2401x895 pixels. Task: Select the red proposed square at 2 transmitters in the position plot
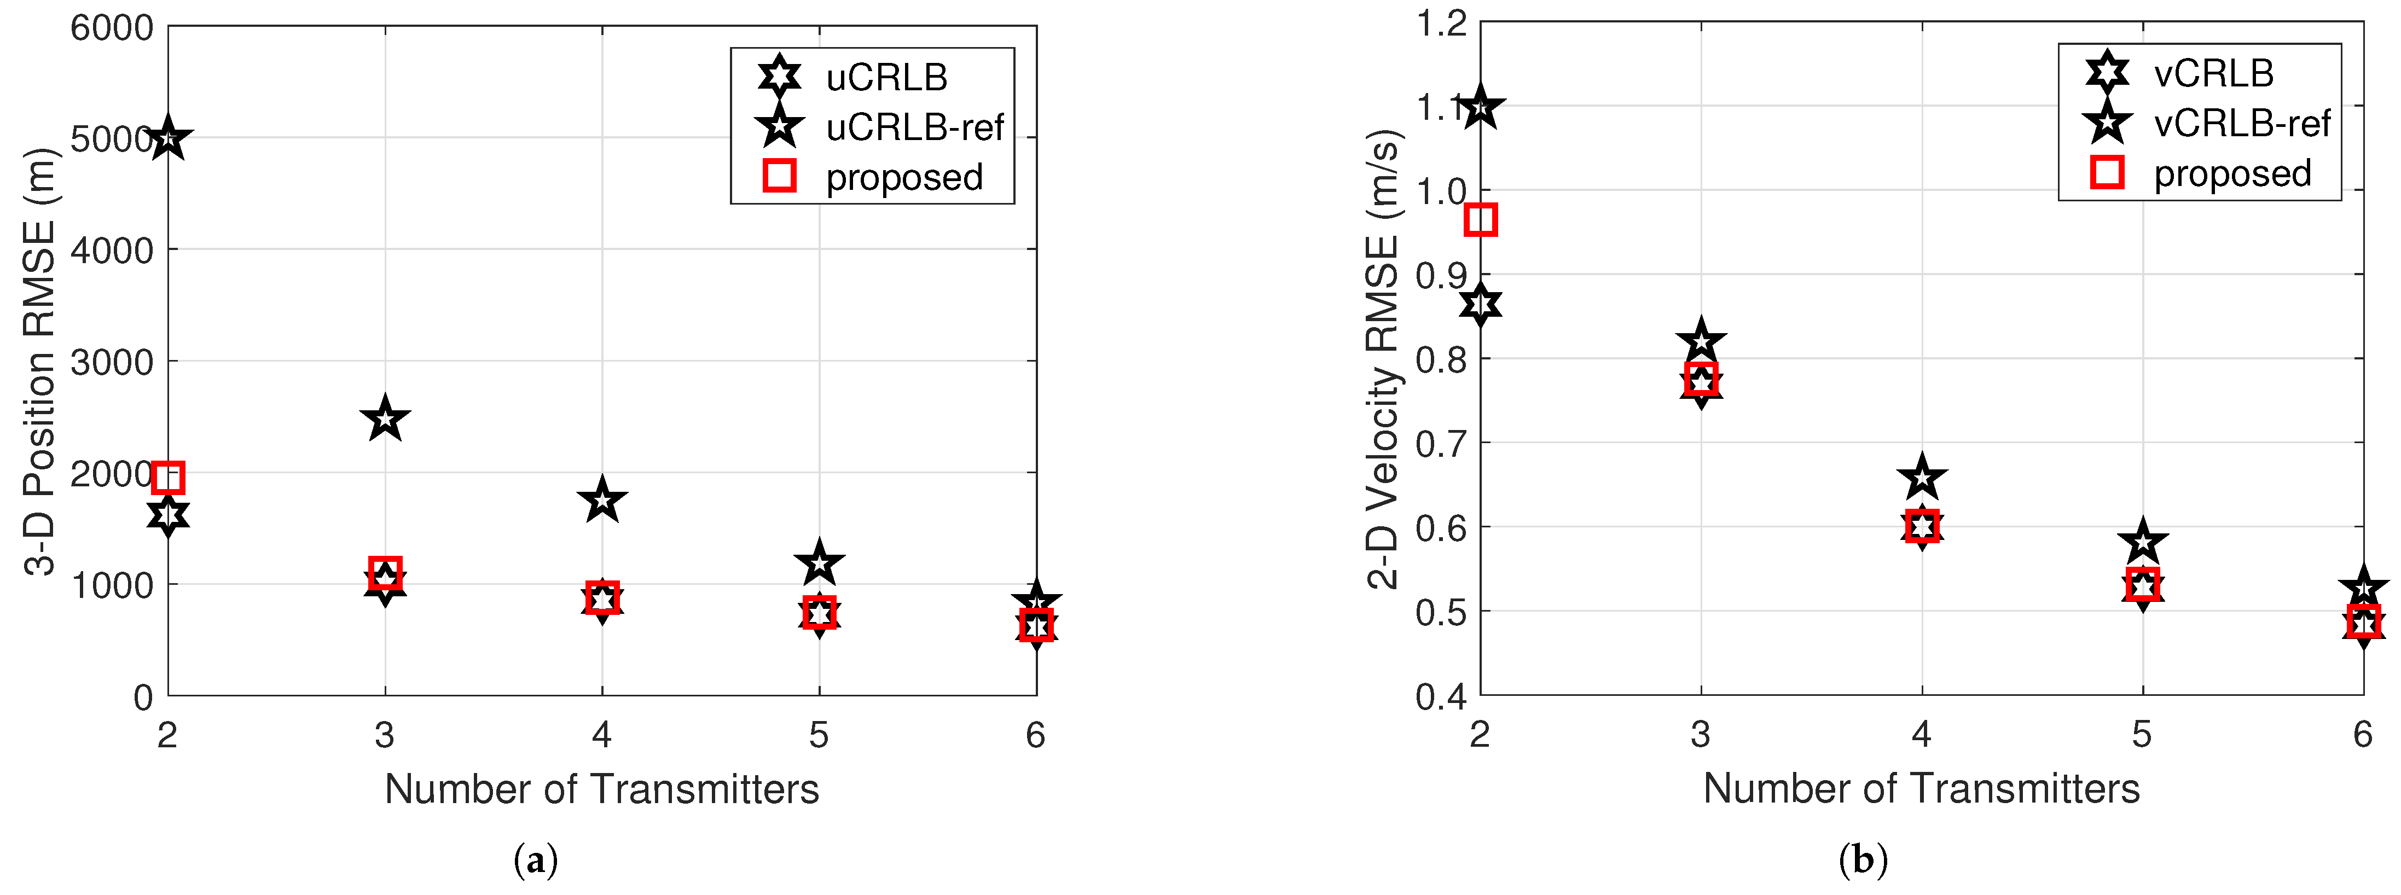[x=168, y=478]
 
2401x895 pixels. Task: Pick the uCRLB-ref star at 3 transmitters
[x=385, y=420]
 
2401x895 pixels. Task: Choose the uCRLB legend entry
[x=885, y=77]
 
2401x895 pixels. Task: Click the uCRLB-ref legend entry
[x=913, y=127]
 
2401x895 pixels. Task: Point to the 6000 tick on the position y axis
[x=112, y=28]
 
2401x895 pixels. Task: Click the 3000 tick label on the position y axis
[x=112, y=362]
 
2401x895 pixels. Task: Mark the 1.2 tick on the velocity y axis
[x=1441, y=24]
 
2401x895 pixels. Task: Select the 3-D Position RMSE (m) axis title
[x=39, y=362]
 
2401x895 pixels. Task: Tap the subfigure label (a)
[x=536, y=859]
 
